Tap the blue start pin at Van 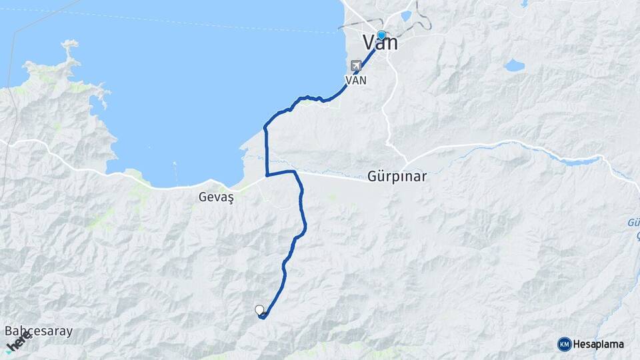(x=381, y=35)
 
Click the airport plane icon (x=356, y=66)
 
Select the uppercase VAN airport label (x=355, y=79)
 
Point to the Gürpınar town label (x=397, y=177)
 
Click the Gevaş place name (x=213, y=197)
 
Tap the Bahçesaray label (x=39, y=331)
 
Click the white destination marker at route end (x=259, y=309)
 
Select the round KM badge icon (x=564, y=344)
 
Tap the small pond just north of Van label (x=406, y=16)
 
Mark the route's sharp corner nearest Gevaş (x=267, y=175)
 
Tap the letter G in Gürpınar (x=372, y=177)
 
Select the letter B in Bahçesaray (x=9, y=331)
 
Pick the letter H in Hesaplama (x=577, y=345)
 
